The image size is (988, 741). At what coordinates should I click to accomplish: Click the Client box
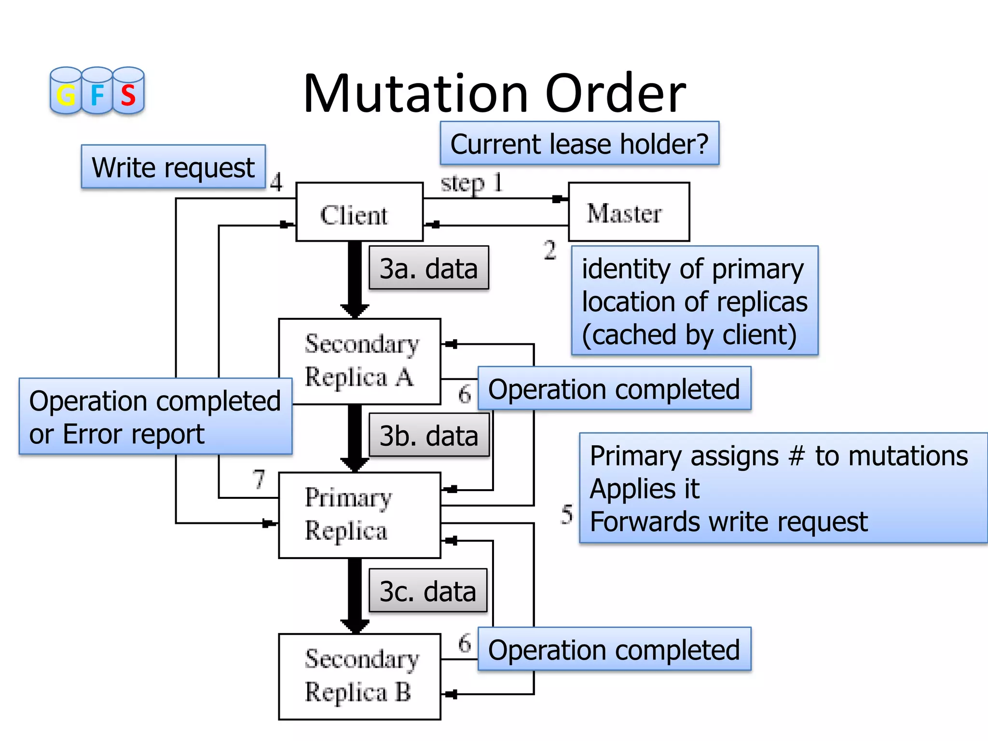click(x=359, y=212)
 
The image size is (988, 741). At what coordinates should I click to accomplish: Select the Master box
click(x=629, y=212)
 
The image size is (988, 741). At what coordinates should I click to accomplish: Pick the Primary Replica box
click(x=359, y=515)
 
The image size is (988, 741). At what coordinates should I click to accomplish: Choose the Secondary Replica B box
click(x=359, y=676)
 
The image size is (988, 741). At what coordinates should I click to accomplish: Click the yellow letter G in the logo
click(x=66, y=95)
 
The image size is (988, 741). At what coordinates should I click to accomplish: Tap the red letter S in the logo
click(x=128, y=95)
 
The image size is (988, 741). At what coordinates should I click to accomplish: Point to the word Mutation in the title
click(x=415, y=94)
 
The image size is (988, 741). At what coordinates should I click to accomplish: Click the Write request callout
click(x=173, y=167)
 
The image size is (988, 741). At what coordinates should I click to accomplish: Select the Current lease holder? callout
click(x=579, y=144)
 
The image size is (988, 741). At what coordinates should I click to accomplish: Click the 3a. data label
click(x=428, y=268)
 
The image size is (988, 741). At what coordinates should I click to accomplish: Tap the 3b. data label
click(x=428, y=435)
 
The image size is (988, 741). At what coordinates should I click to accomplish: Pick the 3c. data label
click(x=427, y=591)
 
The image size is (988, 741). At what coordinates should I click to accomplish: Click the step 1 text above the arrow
click(x=471, y=184)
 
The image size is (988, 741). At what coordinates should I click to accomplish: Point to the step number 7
click(x=259, y=479)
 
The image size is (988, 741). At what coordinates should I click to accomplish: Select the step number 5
click(x=567, y=514)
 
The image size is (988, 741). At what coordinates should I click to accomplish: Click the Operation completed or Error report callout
click(x=155, y=417)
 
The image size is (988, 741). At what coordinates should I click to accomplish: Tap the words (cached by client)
click(x=689, y=334)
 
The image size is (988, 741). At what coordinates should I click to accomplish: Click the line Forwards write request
click(x=728, y=522)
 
